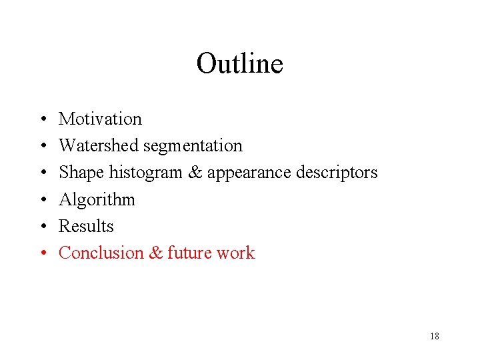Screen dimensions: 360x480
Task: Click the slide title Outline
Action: point(239,63)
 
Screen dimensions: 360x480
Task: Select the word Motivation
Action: point(100,119)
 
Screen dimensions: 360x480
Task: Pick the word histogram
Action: point(145,173)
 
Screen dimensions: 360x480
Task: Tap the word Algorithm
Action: point(97,200)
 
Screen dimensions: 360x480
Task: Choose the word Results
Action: point(86,227)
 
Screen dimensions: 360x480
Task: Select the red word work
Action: point(235,253)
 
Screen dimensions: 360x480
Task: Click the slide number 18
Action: point(434,337)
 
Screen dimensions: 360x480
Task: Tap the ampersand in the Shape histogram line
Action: point(195,173)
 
